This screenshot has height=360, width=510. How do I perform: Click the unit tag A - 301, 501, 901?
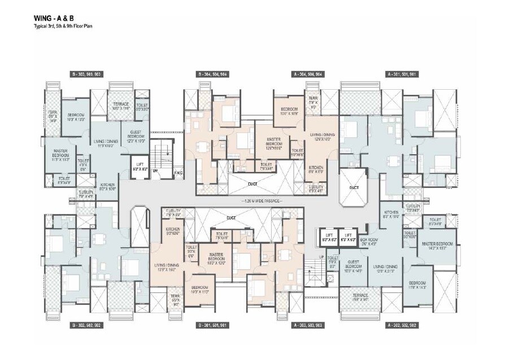(402, 74)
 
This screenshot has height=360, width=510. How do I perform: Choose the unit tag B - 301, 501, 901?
(212, 326)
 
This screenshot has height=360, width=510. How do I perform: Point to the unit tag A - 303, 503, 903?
(307, 326)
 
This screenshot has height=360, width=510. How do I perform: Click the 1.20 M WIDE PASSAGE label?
(259, 200)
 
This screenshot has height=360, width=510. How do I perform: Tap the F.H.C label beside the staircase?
(177, 172)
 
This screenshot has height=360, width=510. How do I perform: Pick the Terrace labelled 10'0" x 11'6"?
(121, 106)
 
